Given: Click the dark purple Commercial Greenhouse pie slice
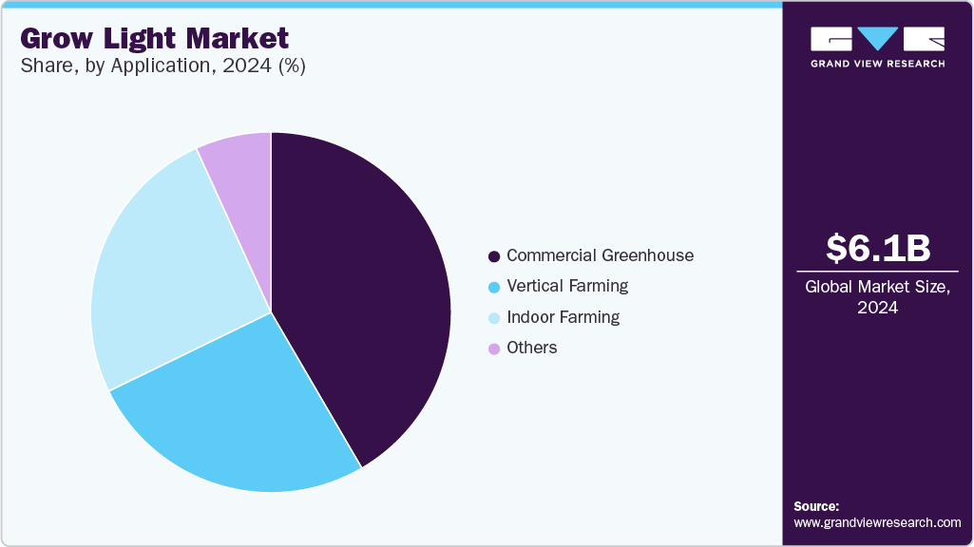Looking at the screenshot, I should click(361, 285).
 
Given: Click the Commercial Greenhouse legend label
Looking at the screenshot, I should click(600, 255).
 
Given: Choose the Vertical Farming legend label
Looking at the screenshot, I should click(567, 286).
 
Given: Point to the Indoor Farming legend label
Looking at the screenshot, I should click(563, 317).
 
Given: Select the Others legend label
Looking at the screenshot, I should click(532, 348).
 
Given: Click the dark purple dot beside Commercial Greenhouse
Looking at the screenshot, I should click(494, 256).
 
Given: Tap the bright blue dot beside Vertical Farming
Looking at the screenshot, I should click(494, 287).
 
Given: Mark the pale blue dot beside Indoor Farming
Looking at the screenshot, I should click(494, 318).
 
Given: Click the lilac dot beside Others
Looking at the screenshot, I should click(494, 349).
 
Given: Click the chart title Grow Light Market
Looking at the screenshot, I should click(154, 39).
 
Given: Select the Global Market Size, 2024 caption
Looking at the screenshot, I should click(878, 296).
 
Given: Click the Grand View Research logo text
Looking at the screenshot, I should click(878, 64).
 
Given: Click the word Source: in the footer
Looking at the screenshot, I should click(816, 506).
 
